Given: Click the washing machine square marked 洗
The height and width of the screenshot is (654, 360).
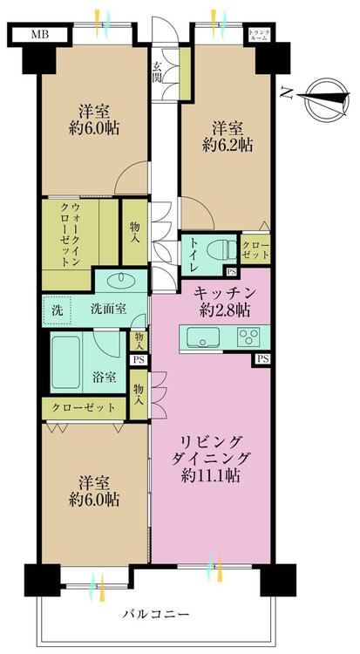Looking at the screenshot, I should tap(57, 308).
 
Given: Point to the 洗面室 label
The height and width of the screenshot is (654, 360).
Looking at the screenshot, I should tap(110, 309).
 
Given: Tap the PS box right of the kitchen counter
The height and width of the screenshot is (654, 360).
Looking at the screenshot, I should tap(262, 358).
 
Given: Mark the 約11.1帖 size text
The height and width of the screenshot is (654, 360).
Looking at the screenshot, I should tap(213, 477).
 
